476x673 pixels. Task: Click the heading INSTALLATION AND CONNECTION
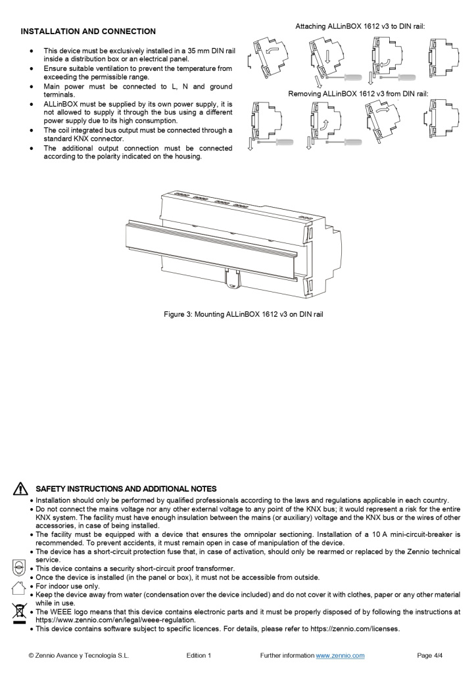[x=88, y=32]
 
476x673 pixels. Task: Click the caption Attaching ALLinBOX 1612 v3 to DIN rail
[x=360, y=26]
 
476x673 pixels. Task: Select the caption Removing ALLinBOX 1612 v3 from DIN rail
[x=358, y=94]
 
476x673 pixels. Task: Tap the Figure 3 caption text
[x=243, y=314]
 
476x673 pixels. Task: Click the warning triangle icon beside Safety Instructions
[x=20, y=489]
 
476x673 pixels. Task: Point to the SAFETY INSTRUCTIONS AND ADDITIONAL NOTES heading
[x=126, y=489]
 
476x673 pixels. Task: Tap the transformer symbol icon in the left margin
[x=20, y=567]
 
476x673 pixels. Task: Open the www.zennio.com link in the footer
[x=340, y=655]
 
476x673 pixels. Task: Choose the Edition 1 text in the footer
[x=199, y=655]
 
